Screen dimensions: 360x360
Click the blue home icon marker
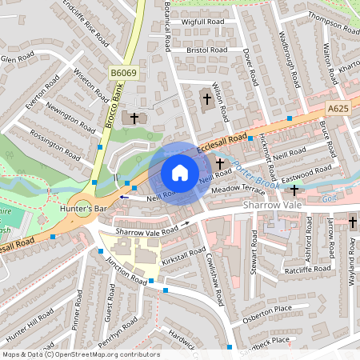[x=179, y=173]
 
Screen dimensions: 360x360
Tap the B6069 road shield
[x=123, y=73]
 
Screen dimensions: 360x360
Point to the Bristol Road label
[x=207, y=50]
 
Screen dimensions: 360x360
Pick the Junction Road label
[x=127, y=272]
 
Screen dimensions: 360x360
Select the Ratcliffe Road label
[x=309, y=270]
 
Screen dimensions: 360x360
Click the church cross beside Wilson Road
[x=206, y=99]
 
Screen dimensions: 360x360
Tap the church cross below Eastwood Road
[x=294, y=190]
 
